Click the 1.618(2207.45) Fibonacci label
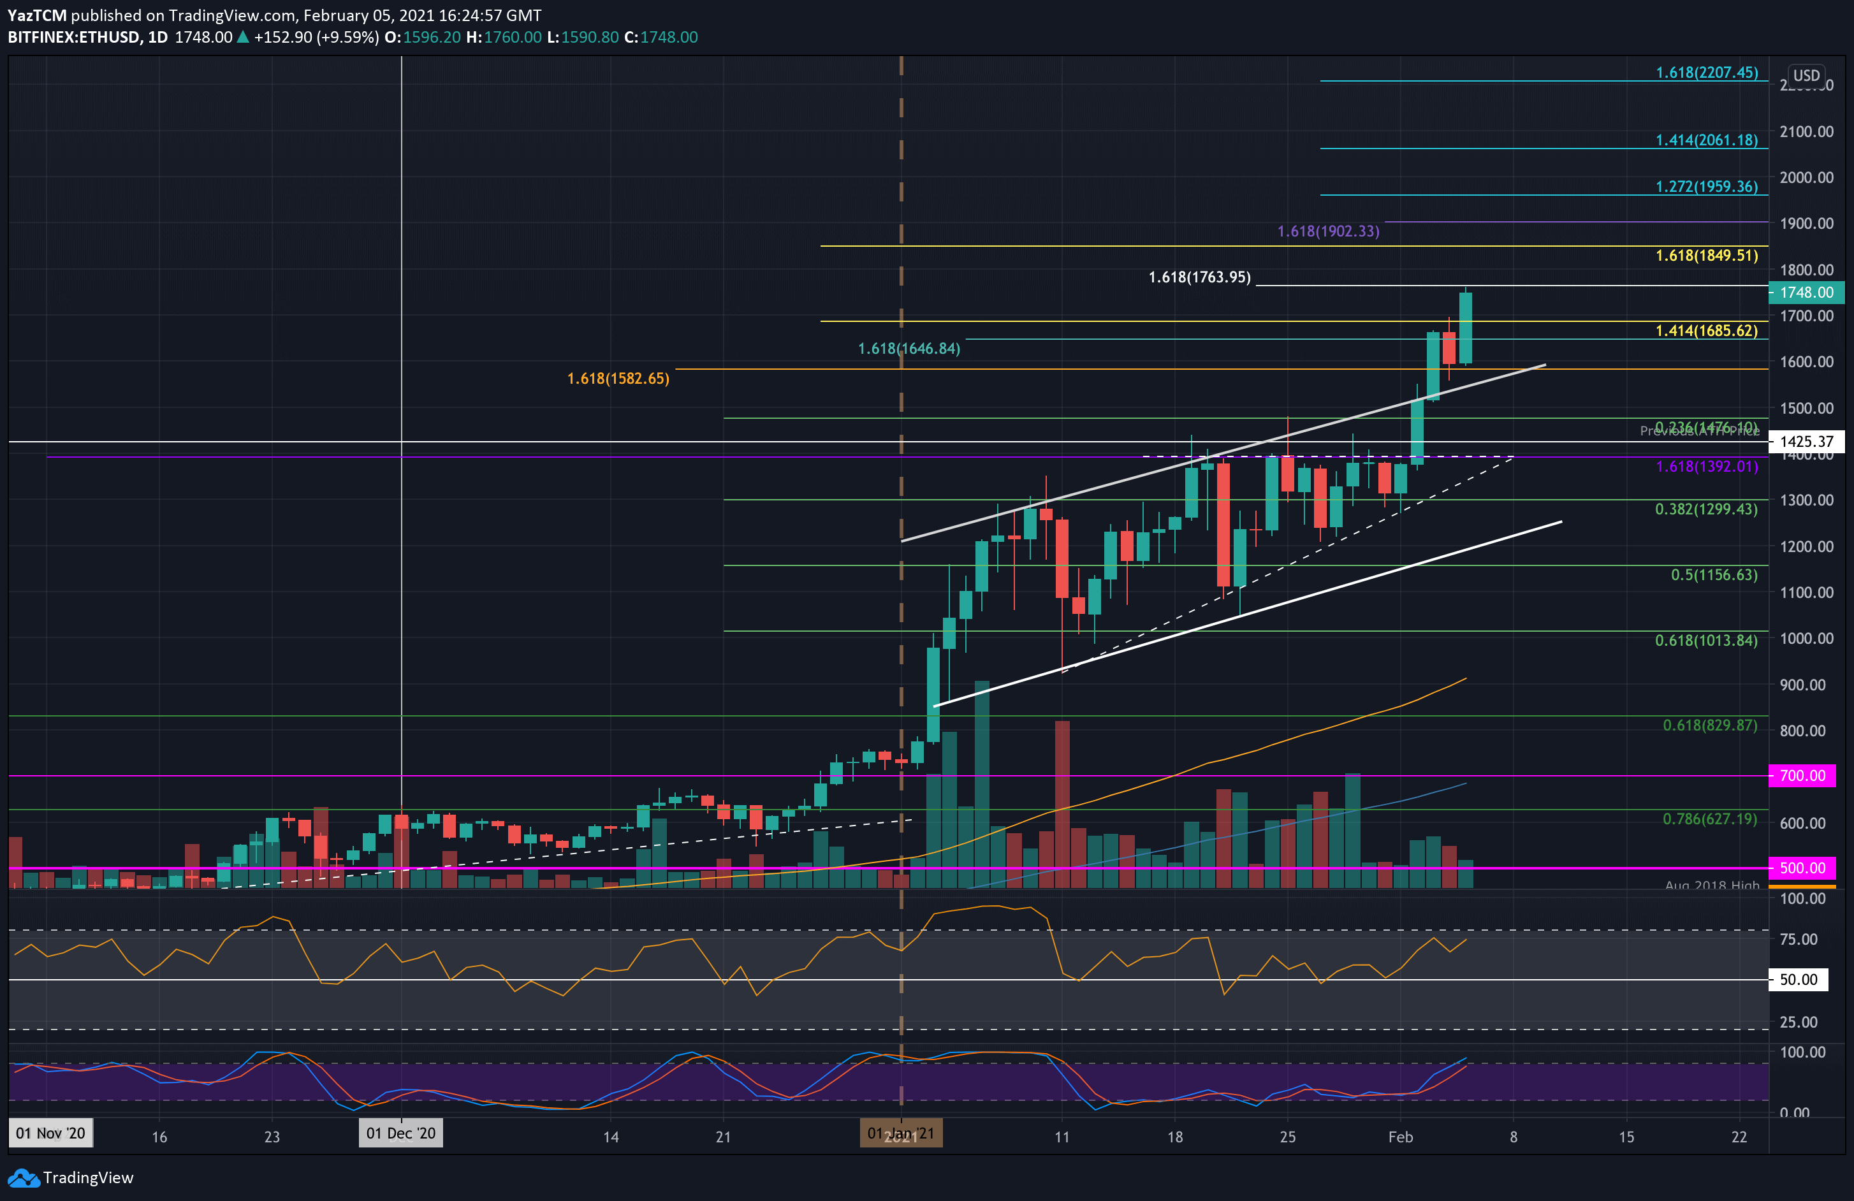(x=1706, y=73)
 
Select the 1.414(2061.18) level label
(x=1706, y=140)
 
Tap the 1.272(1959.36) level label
(x=1706, y=186)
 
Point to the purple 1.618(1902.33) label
(x=1328, y=231)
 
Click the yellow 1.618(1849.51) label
(x=1706, y=256)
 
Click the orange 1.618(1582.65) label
(x=618, y=379)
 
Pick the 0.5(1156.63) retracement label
(x=1713, y=575)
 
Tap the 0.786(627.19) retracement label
(x=1709, y=819)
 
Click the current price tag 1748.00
(x=1806, y=292)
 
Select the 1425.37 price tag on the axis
(x=1806, y=442)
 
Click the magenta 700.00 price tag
(x=1802, y=775)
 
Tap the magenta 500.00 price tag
(x=1802, y=868)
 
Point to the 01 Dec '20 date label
(x=400, y=1133)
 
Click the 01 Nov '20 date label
(x=50, y=1133)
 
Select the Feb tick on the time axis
(x=1400, y=1137)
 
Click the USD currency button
(x=1806, y=76)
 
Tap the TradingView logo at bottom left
(x=71, y=1177)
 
